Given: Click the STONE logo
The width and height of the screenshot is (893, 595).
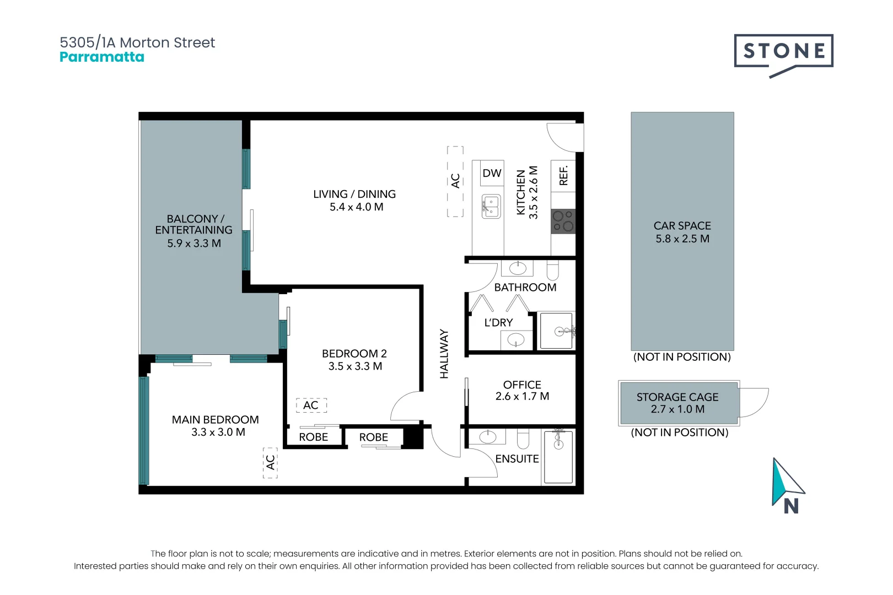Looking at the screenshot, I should (x=783, y=51).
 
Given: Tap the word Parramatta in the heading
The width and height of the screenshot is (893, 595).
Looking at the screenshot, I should (x=102, y=57).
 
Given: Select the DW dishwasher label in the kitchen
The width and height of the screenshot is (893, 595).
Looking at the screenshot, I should (x=492, y=173).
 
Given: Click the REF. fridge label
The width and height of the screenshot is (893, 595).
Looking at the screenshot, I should (x=563, y=175).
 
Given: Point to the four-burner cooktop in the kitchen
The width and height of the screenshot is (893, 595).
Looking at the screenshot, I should (x=563, y=221).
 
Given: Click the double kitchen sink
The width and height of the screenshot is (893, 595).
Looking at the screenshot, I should (x=491, y=207).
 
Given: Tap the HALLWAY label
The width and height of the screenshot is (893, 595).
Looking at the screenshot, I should (x=444, y=354).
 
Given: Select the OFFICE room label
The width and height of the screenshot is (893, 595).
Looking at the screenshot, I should (x=522, y=385).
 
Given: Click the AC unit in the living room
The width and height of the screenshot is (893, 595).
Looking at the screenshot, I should (x=455, y=181).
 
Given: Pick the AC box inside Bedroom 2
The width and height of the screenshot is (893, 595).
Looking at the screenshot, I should (x=311, y=405).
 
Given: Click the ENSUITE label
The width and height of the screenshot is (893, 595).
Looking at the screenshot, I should (x=517, y=459).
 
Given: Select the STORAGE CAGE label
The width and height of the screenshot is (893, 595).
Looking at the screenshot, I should (x=677, y=397).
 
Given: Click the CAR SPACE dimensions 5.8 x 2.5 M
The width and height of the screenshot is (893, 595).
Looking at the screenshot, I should (x=682, y=239).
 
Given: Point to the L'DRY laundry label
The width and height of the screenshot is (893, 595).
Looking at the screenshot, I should (x=498, y=323).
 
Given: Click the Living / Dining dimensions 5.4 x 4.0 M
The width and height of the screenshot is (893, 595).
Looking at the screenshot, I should (x=356, y=207).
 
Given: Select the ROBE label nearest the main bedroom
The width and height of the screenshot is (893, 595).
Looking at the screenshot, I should (x=313, y=437).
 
